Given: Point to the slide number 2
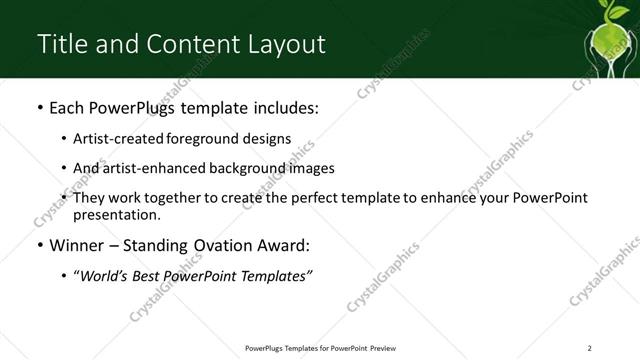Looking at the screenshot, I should click(x=590, y=347).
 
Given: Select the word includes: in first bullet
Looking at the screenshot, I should click(x=283, y=108).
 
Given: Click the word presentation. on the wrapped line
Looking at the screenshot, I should click(x=117, y=214).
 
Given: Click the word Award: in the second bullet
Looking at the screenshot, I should click(x=289, y=246).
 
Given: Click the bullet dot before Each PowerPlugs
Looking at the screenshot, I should click(x=38, y=109).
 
